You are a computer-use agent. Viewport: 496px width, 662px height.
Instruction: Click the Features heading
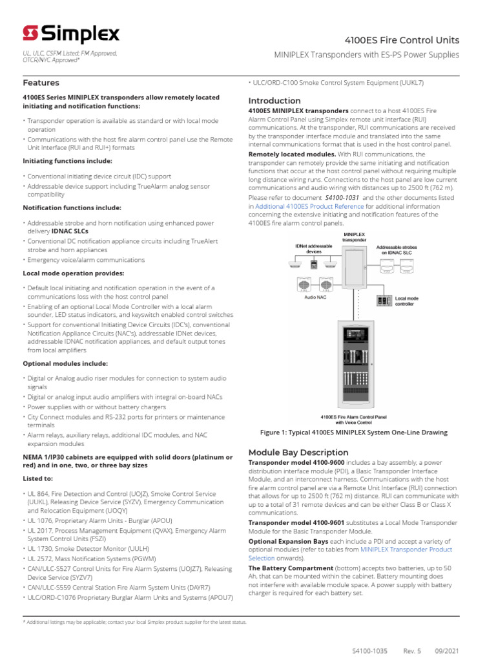[x=41, y=83]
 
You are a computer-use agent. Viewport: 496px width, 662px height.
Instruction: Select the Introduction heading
[x=274, y=101]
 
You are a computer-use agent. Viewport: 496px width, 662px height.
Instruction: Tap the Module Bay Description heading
[x=298, y=453]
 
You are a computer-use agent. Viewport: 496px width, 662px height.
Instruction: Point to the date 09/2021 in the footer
[x=446, y=651]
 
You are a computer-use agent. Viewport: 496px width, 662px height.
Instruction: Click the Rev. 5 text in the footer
[x=412, y=651]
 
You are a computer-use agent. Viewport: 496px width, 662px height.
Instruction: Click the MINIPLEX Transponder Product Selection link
[x=406, y=550]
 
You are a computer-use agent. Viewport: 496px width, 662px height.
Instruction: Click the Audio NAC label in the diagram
[x=314, y=298]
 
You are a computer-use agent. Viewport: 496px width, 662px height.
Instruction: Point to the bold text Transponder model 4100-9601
[x=301, y=521]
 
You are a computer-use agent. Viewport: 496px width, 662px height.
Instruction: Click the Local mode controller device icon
[x=385, y=301]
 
